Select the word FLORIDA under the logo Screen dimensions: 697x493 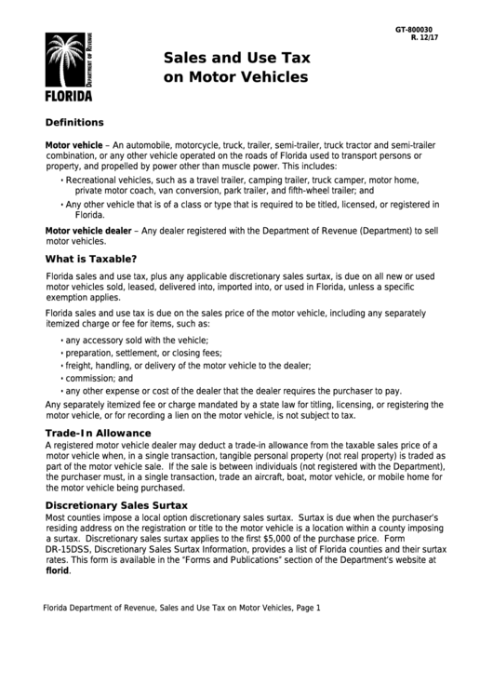tap(69, 96)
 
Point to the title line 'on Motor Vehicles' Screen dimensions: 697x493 tap(234, 78)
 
